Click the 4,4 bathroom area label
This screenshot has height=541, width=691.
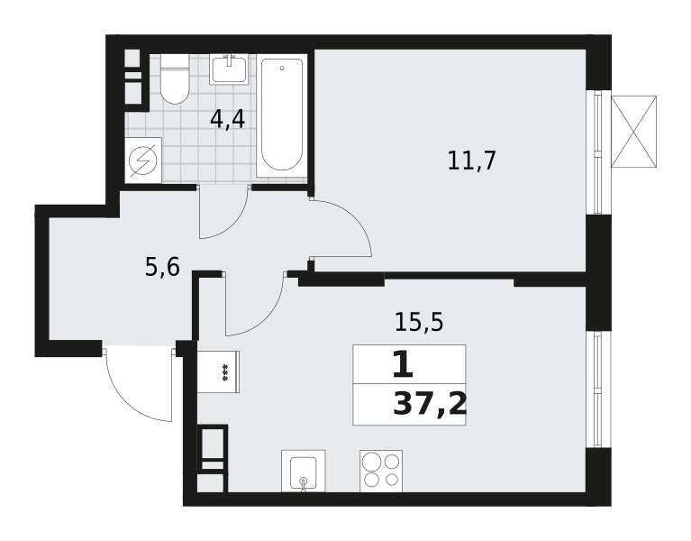point(227,120)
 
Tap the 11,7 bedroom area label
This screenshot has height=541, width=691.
point(472,160)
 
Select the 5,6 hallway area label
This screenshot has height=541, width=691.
point(162,267)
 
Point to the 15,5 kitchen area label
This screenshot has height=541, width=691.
point(419,322)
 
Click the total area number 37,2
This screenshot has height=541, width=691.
point(429,404)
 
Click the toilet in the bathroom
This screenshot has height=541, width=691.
point(175,79)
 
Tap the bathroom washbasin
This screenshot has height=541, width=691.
point(229,69)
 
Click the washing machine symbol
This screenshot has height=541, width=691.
point(143,160)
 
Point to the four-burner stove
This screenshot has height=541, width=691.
point(381,471)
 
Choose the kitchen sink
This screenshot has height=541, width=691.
point(304,471)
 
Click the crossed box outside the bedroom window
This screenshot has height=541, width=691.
point(633,132)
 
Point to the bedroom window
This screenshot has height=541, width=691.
point(598,152)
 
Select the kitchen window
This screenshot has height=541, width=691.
point(598,390)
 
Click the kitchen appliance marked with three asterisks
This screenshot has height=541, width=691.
point(218,371)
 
